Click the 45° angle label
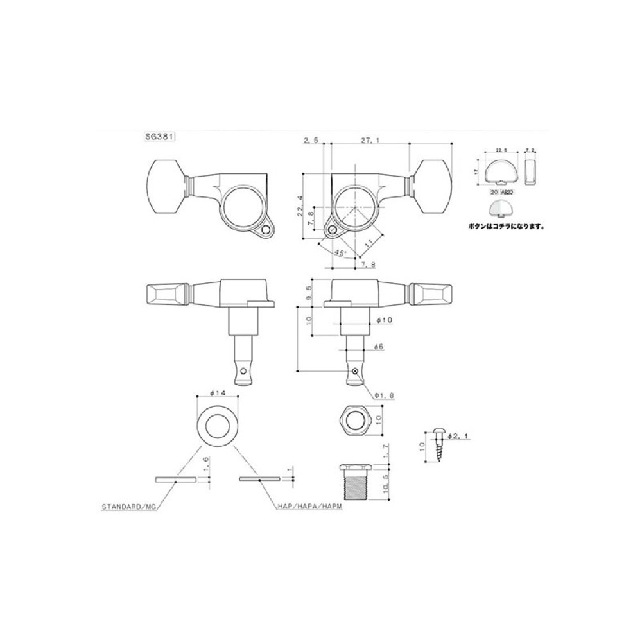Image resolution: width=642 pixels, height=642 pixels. (x=341, y=252)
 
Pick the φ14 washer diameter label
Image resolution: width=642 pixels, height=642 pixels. (x=217, y=392)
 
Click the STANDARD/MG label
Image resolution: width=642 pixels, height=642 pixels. (x=128, y=507)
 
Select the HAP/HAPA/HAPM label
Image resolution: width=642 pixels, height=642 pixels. (x=307, y=507)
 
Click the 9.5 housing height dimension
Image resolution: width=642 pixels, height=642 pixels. (x=310, y=291)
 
